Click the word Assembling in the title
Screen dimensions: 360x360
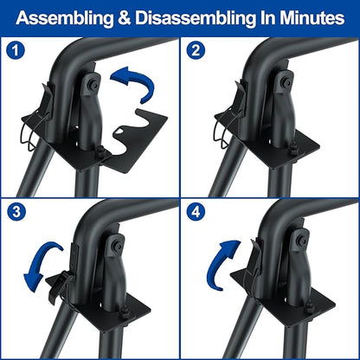(x=65, y=18)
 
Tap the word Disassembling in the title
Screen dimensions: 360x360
(x=196, y=18)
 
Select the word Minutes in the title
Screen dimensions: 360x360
(x=312, y=17)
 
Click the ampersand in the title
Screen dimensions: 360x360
(x=125, y=18)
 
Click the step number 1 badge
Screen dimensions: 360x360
(x=16, y=51)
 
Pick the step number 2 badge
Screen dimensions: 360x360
(x=196, y=51)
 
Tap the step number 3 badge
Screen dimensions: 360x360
(x=16, y=212)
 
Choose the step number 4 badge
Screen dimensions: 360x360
(x=196, y=212)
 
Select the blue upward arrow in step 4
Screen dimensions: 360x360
(x=219, y=260)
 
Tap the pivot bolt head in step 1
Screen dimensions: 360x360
(x=93, y=84)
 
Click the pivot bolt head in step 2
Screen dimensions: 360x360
(x=286, y=83)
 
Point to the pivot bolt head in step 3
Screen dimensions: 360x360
(x=118, y=246)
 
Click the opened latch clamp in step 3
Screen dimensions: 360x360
(x=59, y=284)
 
